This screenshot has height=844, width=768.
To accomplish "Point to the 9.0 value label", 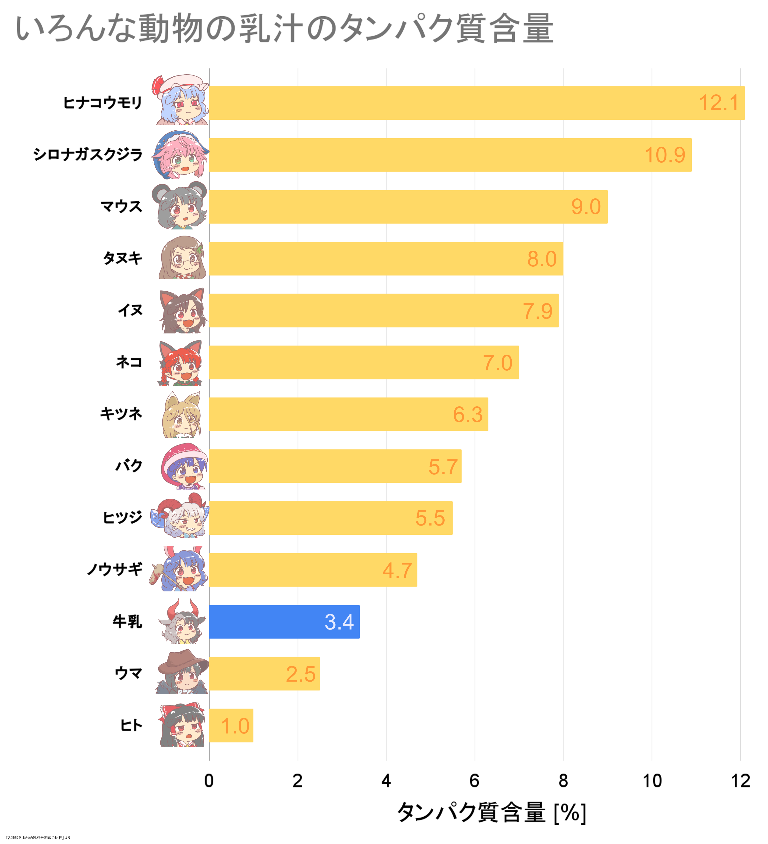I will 586,207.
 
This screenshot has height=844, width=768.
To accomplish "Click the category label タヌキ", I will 123,258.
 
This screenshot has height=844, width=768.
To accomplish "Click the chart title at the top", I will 284,29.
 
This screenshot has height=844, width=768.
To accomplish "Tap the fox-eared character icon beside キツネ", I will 181,415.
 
